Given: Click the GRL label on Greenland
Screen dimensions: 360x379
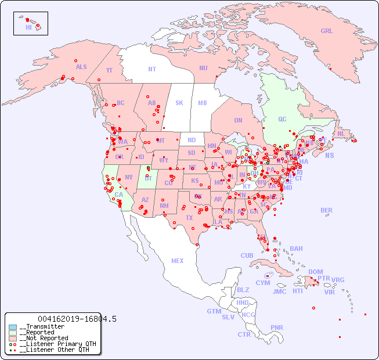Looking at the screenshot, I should click(327, 31).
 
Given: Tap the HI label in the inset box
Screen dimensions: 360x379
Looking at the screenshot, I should click(28, 27).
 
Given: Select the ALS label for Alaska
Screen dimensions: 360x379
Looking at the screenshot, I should click(81, 67).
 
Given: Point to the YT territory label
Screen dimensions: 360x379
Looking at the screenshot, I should click(109, 70).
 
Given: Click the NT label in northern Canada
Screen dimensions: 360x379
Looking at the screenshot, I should click(152, 69).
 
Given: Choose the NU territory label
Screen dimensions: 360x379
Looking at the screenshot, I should click(203, 68).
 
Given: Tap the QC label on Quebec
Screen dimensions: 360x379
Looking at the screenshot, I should click(282, 119).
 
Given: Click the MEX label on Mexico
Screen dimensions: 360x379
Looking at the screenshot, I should click(177, 261).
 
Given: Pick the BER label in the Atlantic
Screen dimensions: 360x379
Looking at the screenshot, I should click(326, 210).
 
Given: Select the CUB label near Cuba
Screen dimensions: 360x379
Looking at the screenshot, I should click(247, 255).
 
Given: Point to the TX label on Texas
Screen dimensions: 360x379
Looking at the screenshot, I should click(189, 218).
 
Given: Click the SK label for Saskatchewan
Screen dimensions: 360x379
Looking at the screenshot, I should click(179, 103).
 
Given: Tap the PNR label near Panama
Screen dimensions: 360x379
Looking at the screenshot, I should click(277, 327).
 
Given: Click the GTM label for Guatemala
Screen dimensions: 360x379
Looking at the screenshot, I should click(214, 311).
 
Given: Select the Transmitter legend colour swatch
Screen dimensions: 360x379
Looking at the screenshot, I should click(13, 327).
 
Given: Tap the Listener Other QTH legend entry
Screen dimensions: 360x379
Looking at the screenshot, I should click(52, 350).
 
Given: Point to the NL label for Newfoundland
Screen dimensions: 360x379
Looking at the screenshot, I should click(341, 133).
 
